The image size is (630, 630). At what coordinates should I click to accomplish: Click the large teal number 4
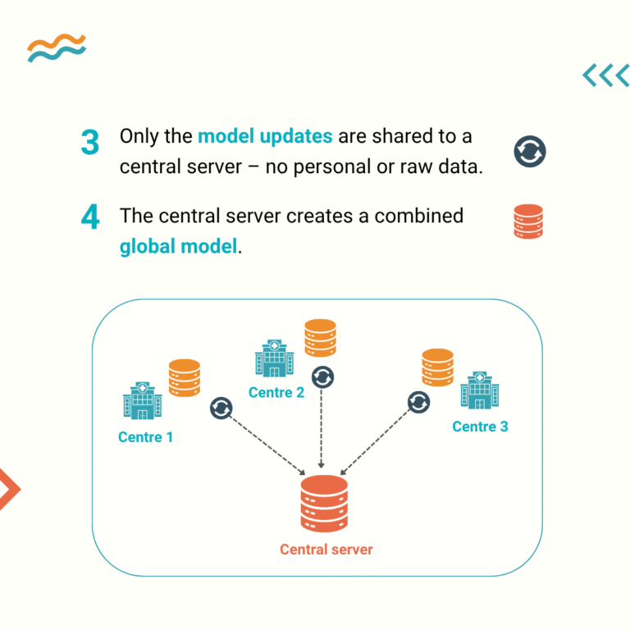(90, 217)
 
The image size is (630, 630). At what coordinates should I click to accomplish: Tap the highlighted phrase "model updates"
(265, 136)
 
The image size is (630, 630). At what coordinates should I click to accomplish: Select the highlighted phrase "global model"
(178, 245)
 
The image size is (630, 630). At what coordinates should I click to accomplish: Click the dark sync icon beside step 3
(530, 152)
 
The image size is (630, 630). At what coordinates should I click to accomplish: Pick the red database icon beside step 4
(529, 221)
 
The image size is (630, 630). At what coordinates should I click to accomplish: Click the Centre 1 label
(145, 437)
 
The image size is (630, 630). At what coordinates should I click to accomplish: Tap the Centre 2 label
(276, 392)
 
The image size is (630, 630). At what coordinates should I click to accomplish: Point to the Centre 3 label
(480, 427)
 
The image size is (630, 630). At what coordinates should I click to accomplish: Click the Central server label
(326, 549)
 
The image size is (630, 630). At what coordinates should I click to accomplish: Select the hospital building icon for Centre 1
(143, 400)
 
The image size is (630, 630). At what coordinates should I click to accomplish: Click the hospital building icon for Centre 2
(274, 359)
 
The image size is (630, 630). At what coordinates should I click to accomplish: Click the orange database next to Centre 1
(185, 378)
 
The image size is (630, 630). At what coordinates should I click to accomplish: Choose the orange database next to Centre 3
(437, 367)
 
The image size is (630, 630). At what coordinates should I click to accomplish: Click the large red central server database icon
(324, 504)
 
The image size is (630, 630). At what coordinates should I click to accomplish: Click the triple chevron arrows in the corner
(605, 75)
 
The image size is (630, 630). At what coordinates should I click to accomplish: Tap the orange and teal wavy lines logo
(56, 48)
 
